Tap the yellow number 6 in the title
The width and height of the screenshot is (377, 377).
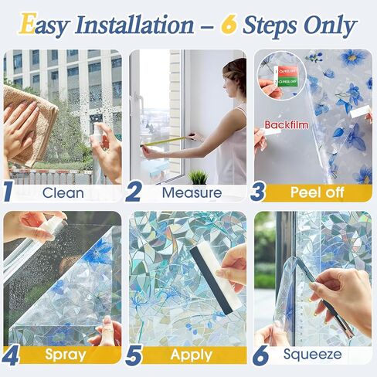[x=229, y=25]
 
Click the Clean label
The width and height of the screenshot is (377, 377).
[x=64, y=192]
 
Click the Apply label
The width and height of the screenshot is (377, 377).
[x=192, y=355]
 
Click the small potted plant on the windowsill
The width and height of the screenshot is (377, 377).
[x=198, y=176]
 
